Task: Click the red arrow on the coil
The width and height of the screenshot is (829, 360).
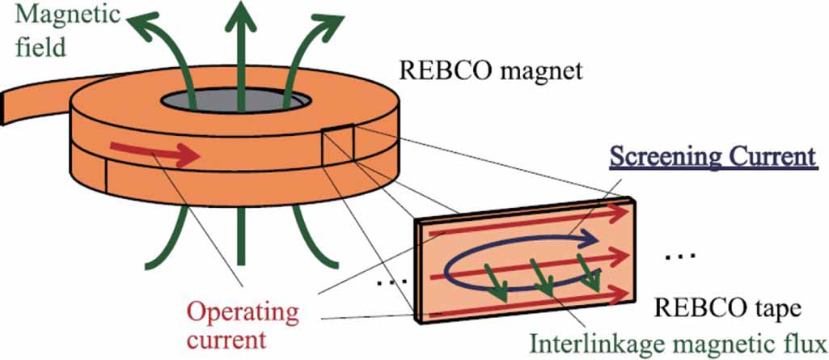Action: tap(157, 152)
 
